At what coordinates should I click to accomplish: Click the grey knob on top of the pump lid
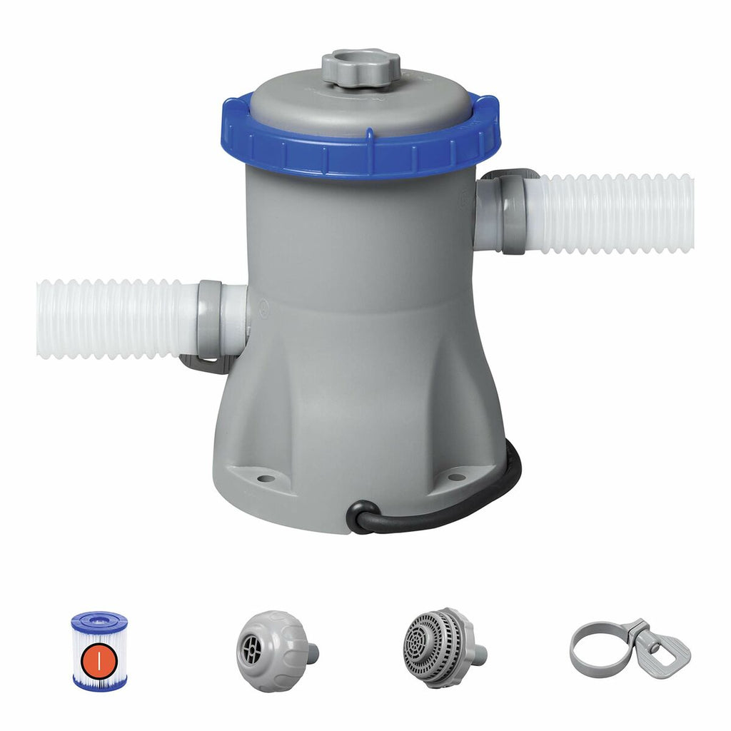pos(361,66)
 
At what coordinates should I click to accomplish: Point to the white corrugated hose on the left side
pos(114,318)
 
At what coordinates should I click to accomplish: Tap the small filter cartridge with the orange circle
pos(99,650)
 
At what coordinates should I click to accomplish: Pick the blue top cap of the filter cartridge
pos(99,620)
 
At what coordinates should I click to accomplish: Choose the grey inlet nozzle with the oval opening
pos(275,650)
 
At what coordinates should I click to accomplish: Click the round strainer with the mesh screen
pos(435,647)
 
